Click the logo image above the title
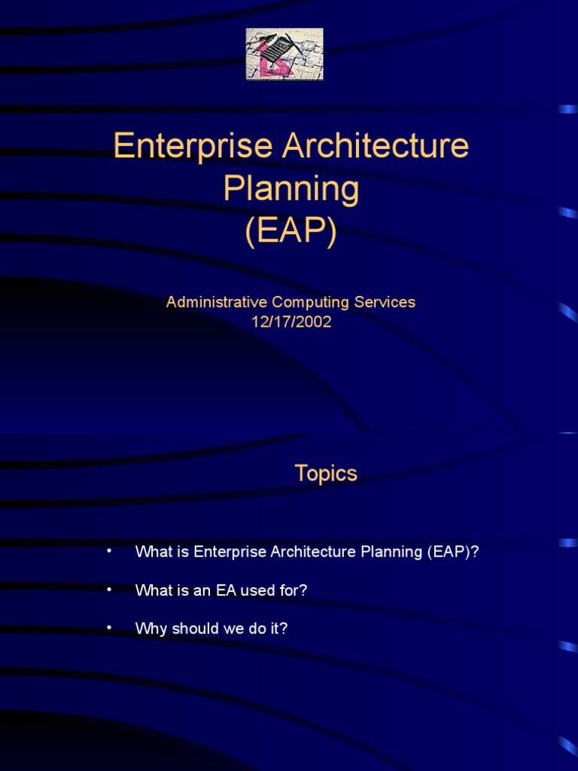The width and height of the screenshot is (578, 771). pos(284,54)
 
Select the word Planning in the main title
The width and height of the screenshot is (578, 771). pos(291,189)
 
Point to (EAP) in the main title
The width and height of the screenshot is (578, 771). pos(291,233)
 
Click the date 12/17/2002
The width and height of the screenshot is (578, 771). pos(291,322)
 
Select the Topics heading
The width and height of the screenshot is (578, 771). pos(326,474)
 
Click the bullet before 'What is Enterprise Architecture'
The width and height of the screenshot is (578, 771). pos(109,551)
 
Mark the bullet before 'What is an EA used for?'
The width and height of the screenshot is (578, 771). pos(109,590)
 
